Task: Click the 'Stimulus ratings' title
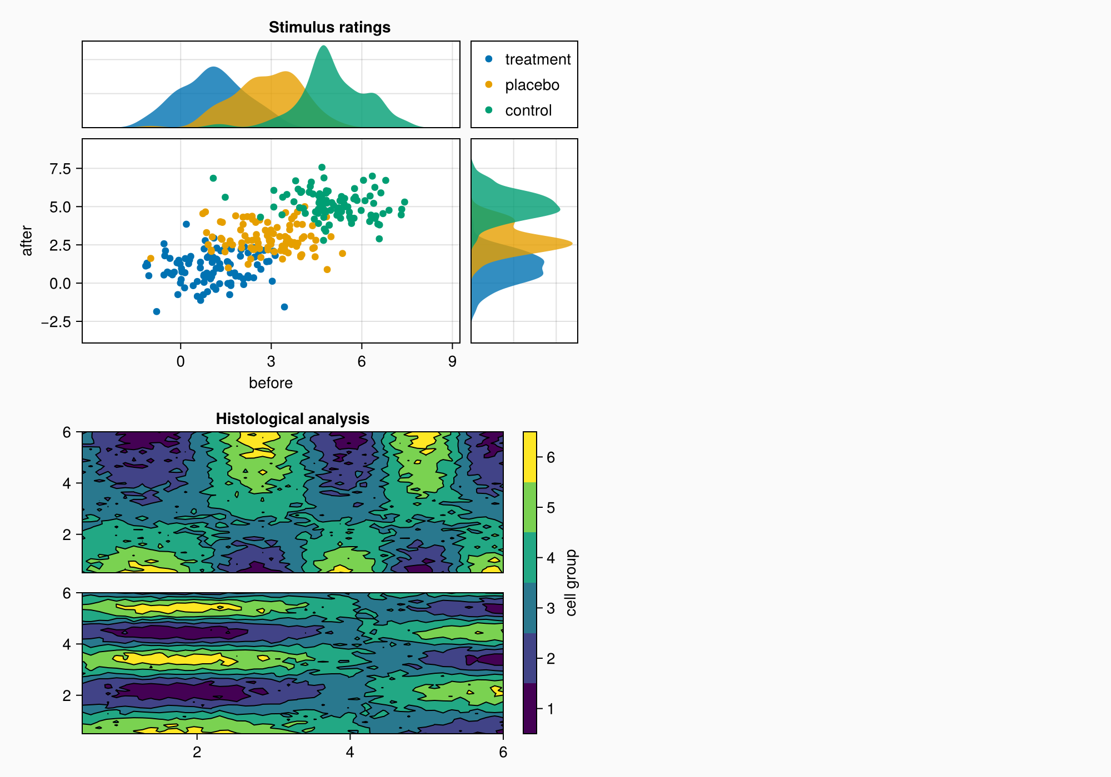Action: coord(329,27)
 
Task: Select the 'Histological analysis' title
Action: coord(292,418)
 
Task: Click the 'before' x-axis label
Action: coord(271,383)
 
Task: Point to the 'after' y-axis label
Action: coord(27,241)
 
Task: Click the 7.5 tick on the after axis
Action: coord(61,169)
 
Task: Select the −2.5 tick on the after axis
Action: coord(57,322)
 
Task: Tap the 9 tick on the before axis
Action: coord(452,362)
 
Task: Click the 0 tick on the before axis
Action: coord(181,362)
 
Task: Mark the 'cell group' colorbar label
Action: coord(572,583)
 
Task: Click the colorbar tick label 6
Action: coord(551,457)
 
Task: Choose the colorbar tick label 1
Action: coord(551,709)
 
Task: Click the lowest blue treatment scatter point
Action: coord(157,311)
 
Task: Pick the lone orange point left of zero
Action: coord(151,259)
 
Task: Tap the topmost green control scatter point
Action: coord(322,167)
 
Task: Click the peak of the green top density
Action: coord(323,46)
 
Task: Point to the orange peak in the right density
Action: coord(572,244)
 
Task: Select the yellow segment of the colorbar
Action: coord(530,457)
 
